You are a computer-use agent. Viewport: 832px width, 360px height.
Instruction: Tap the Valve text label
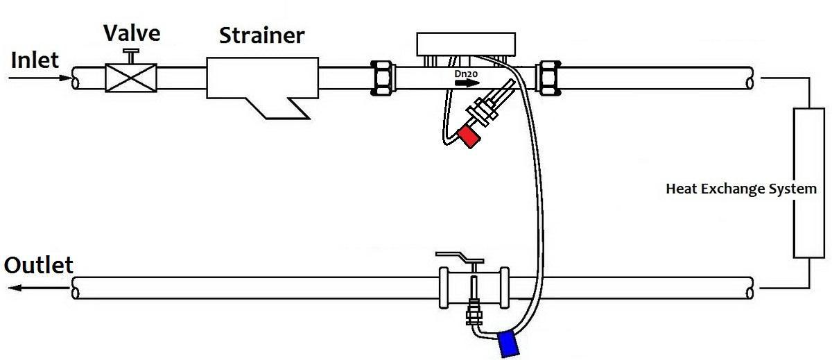point(132,33)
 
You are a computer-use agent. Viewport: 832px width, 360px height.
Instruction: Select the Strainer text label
point(261,35)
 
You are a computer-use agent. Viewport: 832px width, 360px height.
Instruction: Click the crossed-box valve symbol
point(130,77)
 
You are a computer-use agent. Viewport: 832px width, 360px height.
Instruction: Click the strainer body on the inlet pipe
point(262,80)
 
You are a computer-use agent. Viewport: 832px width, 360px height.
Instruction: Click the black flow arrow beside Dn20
point(467,83)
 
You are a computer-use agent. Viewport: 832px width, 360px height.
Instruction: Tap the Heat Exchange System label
point(741,189)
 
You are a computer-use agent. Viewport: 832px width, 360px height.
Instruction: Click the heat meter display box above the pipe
point(465,44)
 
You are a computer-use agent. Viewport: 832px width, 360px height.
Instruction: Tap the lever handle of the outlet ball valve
point(458,258)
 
